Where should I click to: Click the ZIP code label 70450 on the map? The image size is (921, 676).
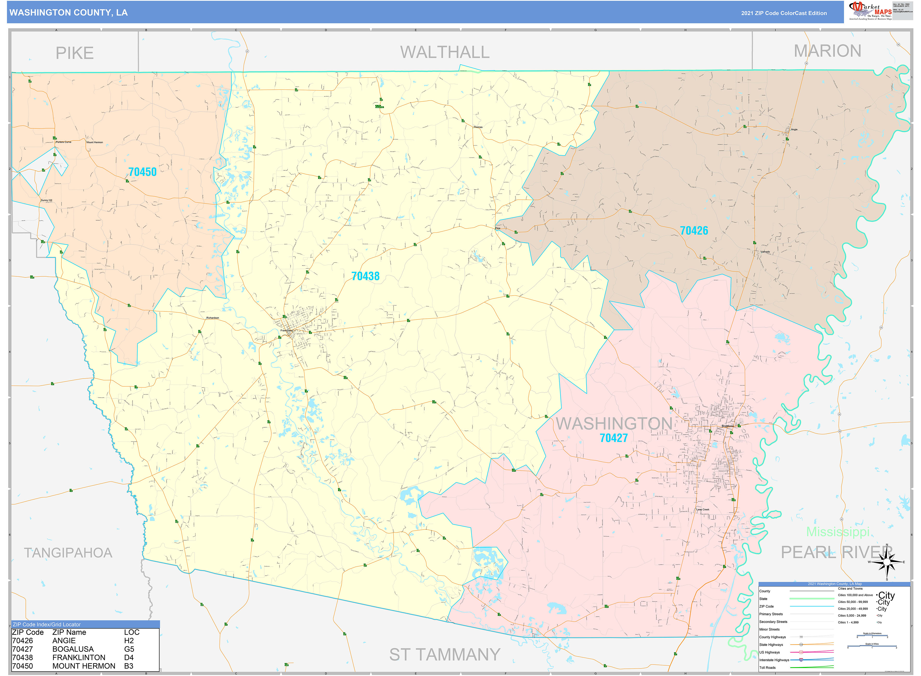pyautogui.click(x=143, y=172)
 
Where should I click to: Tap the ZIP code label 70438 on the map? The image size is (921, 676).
pyautogui.click(x=365, y=276)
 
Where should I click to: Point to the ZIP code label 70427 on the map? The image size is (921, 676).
pyautogui.click(x=613, y=438)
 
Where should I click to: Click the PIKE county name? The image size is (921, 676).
pyautogui.click(x=74, y=53)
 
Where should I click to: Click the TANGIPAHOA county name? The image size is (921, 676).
pyautogui.click(x=68, y=553)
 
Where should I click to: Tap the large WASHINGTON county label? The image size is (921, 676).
pyautogui.click(x=613, y=424)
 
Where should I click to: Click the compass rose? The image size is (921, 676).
pyautogui.click(x=887, y=563)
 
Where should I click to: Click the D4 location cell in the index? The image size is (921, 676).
pyautogui.click(x=129, y=658)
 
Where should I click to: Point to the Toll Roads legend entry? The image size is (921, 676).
pyautogui.click(x=768, y=667)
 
